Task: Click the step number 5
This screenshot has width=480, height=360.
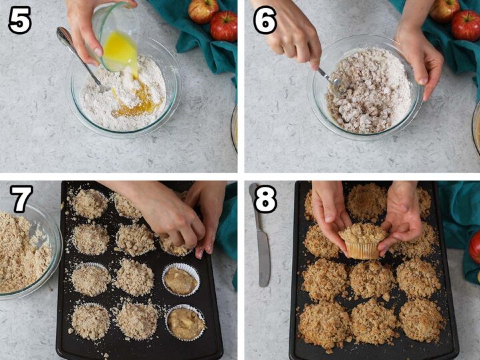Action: [x=19, y=21]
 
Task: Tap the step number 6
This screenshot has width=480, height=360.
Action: [x=265, y=21]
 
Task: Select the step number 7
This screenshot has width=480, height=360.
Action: [x=21, y=199]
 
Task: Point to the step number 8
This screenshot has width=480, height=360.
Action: [x=265, y=199]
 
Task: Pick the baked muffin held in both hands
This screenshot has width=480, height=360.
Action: [x=363, y=241]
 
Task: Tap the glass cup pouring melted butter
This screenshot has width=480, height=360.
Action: [x=117, y=37]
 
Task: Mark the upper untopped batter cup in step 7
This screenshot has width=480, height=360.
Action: [x=181, y=280]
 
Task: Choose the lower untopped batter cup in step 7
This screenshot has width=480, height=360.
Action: [x=185, y=323]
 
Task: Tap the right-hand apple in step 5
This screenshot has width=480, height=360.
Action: [x=224, y=25]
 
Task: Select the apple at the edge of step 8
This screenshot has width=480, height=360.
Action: [x=474, y=247]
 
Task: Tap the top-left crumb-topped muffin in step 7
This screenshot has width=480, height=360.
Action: [x=90, y=203]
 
